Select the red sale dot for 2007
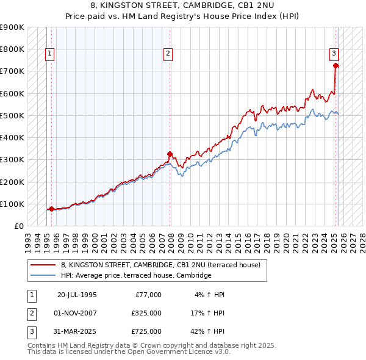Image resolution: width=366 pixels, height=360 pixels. (x=170, y=154)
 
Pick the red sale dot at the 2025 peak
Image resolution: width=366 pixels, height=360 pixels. (x=335, y=65)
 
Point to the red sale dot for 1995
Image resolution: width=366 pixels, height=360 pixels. (x=51, y=209)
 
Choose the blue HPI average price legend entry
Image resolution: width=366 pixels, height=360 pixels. (x=135, y=276)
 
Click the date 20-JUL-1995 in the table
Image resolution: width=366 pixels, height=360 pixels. (x=77, y=295)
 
